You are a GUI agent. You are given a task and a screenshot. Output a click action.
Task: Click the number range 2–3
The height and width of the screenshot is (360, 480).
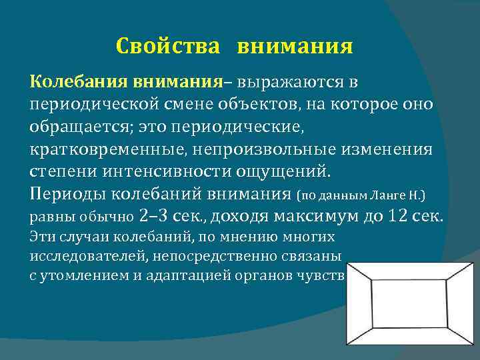157,217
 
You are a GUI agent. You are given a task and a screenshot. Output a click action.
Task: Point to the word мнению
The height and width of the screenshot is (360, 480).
234,237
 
